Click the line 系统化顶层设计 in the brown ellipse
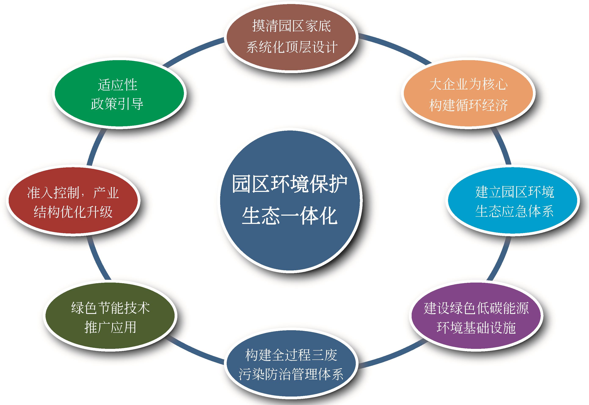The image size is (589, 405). point(292,47)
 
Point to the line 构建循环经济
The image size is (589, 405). point(469,105)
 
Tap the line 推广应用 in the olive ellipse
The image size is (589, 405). point(110,327)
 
